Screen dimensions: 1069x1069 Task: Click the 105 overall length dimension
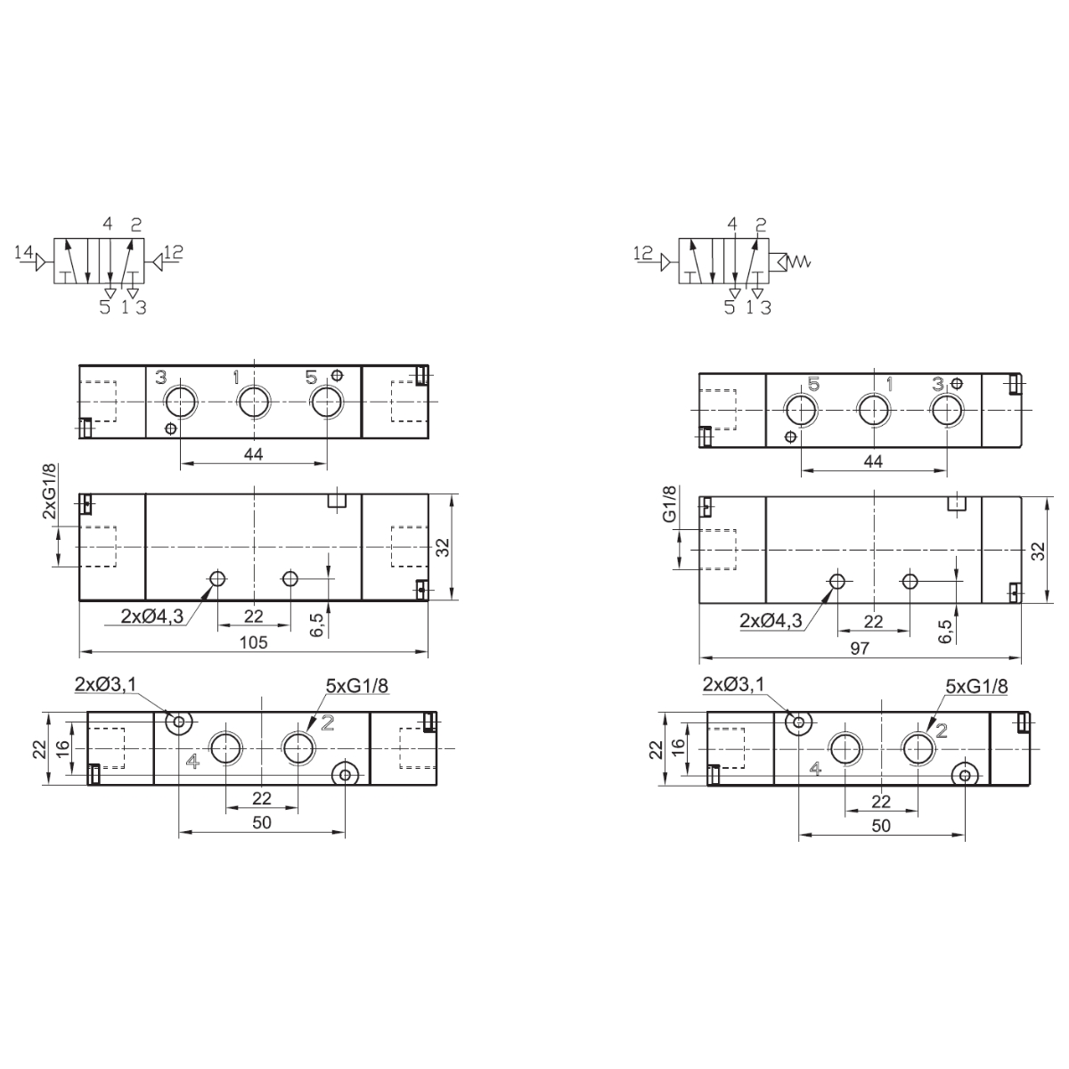click(x=254, y=642)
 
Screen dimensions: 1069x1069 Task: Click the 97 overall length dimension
click(x=860, y=648)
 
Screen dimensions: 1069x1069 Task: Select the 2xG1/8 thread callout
click(x=49, y=492)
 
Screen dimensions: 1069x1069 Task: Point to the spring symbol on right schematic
click(x=799, y=261)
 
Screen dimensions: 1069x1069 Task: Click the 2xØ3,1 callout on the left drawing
click(x=105, y=685)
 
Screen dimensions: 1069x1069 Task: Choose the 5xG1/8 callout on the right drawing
click(x=976, y=687)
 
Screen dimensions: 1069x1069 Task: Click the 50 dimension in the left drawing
click(x=262, y=822)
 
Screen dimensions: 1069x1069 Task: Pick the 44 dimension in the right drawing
click(x=873, y=461)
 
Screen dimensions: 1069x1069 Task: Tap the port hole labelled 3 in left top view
click(x=180, y=401)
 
